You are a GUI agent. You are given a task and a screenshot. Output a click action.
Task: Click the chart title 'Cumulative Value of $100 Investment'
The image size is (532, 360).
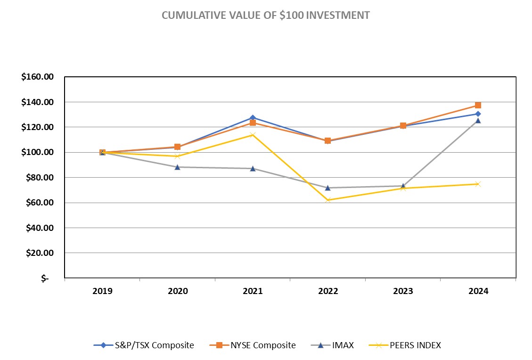pyautogui.click(x=266, y=15)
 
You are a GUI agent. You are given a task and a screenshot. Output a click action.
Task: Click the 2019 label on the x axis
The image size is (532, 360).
pyautogui.click(x=102, y=291)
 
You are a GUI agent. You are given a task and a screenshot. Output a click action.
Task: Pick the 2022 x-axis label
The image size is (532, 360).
pyautogui.click(x=328, y=291)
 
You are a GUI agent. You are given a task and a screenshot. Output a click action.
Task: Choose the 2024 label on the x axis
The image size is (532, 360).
pyautogui.click(x=478, y=291)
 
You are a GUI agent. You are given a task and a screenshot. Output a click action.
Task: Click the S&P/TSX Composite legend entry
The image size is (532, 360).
pyautogui.click(x=144, y=345)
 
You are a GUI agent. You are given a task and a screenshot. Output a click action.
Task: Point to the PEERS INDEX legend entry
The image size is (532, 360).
pyautogui.click(x=409, y=345)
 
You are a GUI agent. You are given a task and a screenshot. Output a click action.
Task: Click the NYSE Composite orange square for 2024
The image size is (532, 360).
pyautogui.click(x=478, y=105)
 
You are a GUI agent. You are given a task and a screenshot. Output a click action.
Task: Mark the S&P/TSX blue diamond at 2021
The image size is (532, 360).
pyautogui.click(x=253, y=117)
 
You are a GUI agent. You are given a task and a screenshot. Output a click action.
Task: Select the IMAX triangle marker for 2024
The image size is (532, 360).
pyautogui.click(x=478, y=121)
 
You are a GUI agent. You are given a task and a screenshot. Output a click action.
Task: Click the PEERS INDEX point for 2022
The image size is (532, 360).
pyautogui.click(x=328, y=200)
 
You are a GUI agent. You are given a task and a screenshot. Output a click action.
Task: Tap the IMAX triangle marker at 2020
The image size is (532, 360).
pyautogui.click(x=178, y=167)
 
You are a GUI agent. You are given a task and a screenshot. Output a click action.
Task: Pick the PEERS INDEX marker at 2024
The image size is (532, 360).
pyautogui.click(x=478, y=184)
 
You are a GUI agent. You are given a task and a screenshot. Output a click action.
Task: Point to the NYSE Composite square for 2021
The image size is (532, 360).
pyautogui.click(x=253, y=123)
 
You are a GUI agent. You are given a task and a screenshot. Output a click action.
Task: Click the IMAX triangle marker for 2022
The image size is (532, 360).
pyautogui.click(x=328, y=188)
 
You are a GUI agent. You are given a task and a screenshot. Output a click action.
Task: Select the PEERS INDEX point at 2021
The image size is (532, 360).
pyautogui.click(x=253, y=135)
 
